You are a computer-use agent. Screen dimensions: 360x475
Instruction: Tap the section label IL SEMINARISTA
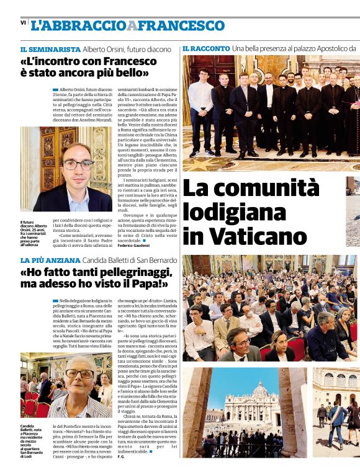[x=50, y=48]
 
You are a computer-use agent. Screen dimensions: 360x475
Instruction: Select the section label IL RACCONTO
[x=205, y=48]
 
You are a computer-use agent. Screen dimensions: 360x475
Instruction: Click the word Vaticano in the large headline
[x=245, y=236]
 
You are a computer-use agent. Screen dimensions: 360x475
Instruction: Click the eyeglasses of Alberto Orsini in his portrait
[x=78, y=165]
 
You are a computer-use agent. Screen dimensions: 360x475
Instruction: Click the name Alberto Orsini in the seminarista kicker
[x=106, y=48]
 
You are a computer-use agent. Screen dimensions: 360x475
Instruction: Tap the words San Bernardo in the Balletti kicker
[x=151, y=260]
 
